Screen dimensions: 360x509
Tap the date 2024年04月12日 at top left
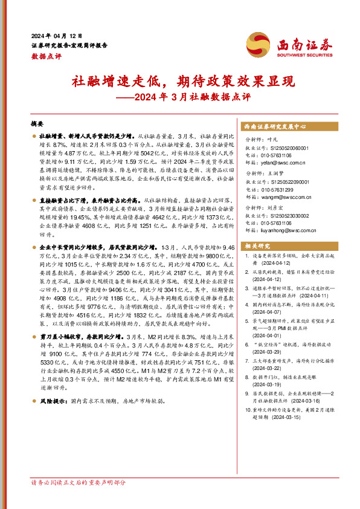[x=56, y=34]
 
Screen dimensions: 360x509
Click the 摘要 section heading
[x=37, y=122]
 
